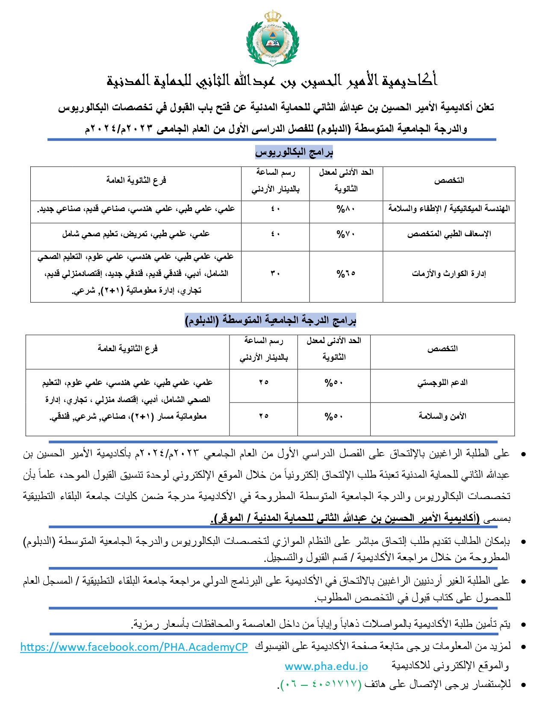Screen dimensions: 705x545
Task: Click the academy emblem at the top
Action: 273,38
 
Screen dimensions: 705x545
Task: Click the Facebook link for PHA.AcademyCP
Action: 134,647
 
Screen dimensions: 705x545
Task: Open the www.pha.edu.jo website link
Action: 326,666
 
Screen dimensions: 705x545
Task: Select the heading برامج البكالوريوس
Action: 294,152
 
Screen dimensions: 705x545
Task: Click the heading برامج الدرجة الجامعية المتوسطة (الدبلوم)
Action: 271,320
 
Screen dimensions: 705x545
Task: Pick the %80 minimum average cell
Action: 346,209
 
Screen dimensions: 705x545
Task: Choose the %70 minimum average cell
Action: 346,234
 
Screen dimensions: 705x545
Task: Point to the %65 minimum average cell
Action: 346,273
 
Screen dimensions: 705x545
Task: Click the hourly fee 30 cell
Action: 275,273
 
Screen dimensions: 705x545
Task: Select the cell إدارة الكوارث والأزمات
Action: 449,273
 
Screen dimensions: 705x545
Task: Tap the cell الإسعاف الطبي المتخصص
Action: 449,234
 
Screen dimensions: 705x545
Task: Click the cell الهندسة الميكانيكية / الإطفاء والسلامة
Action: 449,209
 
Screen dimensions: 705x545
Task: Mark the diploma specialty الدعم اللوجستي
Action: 442,383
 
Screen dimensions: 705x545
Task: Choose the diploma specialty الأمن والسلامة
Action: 442,416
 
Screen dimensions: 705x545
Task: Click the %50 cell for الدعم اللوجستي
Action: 334,383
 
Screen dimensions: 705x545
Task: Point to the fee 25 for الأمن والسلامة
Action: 263,416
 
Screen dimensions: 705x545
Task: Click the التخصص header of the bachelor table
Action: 449,181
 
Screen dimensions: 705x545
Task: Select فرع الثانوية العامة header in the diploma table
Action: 127,349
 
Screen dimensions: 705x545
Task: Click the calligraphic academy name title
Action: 272,80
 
